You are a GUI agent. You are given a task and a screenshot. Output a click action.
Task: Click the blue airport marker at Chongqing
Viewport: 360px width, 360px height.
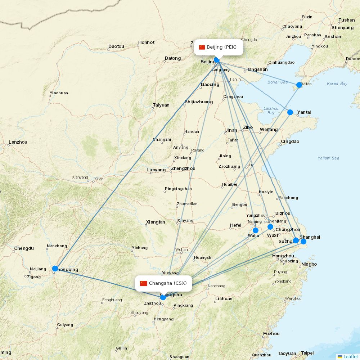click(x=55, y=269)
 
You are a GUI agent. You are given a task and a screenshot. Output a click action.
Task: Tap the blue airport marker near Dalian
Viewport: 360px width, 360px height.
click(x=299, y=85)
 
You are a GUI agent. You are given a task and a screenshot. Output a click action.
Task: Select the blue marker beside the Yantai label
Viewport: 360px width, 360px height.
click(x=290, y=112)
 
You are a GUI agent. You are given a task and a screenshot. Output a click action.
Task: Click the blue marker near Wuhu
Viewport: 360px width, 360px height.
click(x=256, y=230)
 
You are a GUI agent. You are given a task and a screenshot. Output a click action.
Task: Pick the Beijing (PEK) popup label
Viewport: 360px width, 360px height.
click(x=219, y=47)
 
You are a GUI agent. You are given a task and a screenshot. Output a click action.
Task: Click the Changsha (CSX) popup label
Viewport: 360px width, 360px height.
click(x=163, y=283)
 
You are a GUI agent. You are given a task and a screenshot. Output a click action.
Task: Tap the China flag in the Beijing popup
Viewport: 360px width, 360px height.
click(x=202, y=47)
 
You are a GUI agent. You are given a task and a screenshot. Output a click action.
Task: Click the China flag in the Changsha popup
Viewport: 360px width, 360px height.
click(x=144, y=283)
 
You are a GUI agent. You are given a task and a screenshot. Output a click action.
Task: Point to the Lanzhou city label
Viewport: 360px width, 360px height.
click(x=18, y=142)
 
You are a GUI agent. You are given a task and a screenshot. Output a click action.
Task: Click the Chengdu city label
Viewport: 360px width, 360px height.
click(x=24, y=248)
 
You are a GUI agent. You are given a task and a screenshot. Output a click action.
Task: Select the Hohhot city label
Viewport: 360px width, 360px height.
click(x=146, y=42)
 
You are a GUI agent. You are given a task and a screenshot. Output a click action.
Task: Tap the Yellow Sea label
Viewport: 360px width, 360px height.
click(x=328, y=158)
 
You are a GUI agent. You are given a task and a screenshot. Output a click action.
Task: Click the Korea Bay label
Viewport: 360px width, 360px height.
click(x=337, y=84)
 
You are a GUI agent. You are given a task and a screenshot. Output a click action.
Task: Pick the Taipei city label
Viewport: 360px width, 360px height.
click(x=307, y=353)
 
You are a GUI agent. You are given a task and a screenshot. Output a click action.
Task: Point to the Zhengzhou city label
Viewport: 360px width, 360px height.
click(x=183, y=168)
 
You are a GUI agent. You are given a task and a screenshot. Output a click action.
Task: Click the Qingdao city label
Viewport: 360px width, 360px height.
click(x=290, y=141)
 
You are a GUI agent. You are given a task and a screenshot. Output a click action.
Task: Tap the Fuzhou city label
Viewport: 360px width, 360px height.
click(x=271, y=334)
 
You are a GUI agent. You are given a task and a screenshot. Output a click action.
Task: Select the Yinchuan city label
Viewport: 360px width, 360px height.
click(x=59, y=93)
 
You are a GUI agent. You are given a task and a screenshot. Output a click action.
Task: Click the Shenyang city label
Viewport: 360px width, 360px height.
click(x=342, y=28)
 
